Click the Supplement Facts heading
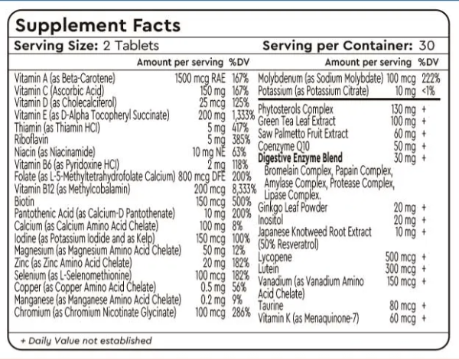[98, 25]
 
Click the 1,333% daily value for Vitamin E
[243, 114]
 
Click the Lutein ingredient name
[269, 268]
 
